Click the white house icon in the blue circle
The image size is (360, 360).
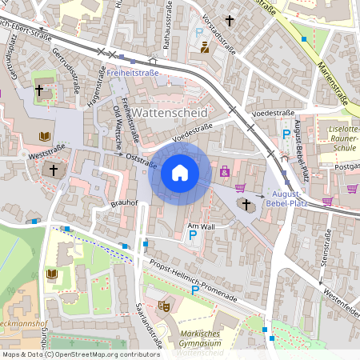(180, 173)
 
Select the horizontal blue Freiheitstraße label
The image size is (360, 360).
(134, 73)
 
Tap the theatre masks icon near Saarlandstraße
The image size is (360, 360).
(164, 305)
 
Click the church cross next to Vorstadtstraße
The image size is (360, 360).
(230, 19)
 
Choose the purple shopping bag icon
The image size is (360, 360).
(225, 170)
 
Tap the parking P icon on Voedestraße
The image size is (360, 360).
(286, 137)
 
